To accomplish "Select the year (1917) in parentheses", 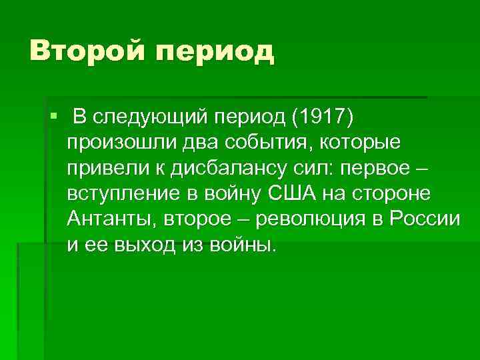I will [322, 117].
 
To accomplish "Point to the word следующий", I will [151, 117].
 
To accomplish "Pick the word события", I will [233, 143].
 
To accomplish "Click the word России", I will [425, 219].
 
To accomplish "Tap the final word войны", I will [241, 245].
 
